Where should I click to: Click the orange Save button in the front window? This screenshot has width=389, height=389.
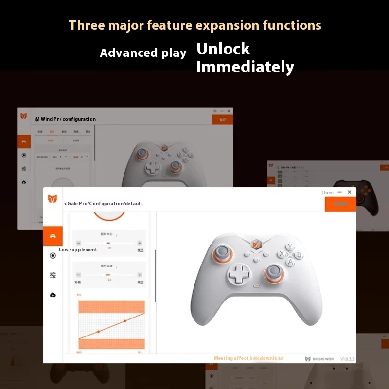[x=340, y=204]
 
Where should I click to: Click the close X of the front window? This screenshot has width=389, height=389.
[x=349, y=192]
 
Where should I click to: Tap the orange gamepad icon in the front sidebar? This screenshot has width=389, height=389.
[x=53, y=236]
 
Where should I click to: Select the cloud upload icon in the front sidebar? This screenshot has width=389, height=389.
[x=53, y=295]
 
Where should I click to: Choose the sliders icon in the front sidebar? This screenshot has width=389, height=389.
[x=53, y=275]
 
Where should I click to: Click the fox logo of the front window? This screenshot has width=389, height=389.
[x=53, y=199]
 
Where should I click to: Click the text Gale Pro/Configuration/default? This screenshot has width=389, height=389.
[x=103, y=204]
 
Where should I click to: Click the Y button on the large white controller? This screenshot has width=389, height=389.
[x=289, y=246]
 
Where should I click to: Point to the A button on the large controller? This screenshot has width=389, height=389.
[x=290, y=262]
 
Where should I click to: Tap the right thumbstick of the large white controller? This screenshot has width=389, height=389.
[x=272, y=274]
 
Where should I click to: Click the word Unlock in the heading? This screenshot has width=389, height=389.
[x=223, y=49]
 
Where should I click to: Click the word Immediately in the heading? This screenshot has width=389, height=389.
[x=245, y=67]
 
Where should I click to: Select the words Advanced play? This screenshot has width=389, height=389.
[x=143, y=53]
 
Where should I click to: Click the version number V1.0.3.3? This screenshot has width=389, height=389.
[x=347, y=358]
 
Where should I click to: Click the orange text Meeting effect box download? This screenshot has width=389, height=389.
[x=248, y=358]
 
